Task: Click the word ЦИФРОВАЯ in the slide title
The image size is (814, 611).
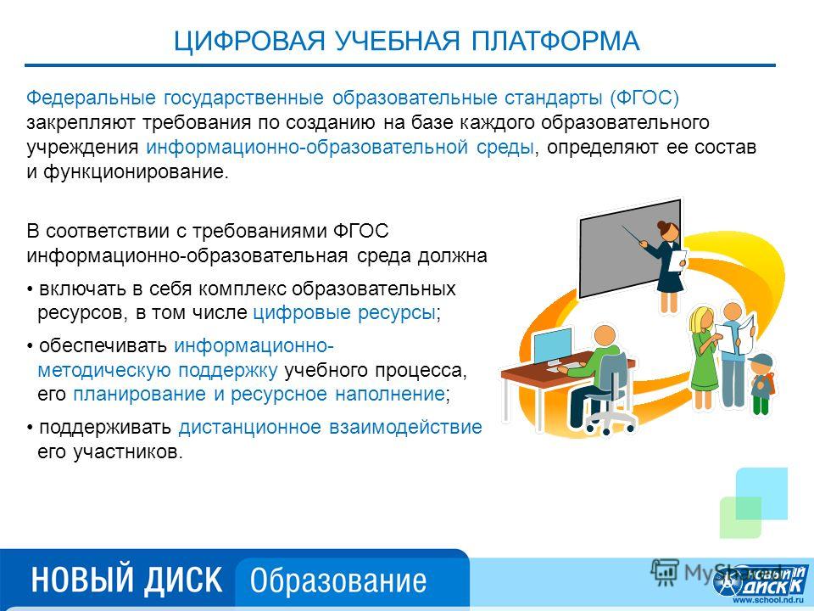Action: coord(249,41)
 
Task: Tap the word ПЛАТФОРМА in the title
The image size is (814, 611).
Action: coord(555,41)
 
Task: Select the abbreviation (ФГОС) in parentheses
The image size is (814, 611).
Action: coord(644,98)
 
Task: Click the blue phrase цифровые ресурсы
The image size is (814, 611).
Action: coord(343,313)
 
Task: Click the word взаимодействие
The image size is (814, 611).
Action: coord(405,427)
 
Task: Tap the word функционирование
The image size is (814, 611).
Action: coord(135,172)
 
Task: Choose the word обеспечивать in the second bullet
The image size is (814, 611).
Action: coord(103,345)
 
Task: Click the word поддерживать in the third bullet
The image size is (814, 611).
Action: coord(105,427)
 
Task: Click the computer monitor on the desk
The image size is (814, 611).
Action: coord(551,347)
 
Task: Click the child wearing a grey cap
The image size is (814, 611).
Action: coord(762,384)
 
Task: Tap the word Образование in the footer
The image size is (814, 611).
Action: coord(338,580)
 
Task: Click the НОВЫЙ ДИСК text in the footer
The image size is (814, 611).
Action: coord(126,580)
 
